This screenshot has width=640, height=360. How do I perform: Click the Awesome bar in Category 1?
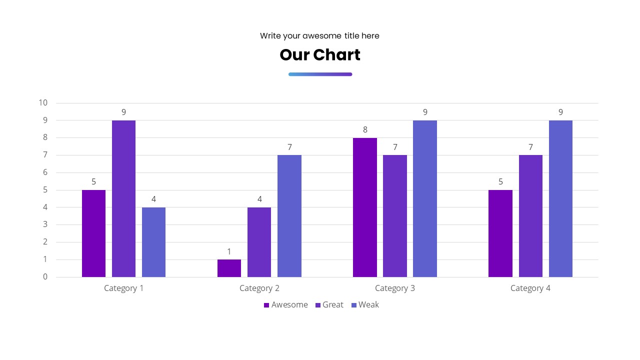[93, 233]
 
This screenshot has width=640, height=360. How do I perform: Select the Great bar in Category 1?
[123, 198]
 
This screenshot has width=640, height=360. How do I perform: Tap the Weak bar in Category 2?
[289, 215]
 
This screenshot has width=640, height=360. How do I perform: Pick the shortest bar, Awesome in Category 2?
[229, 268]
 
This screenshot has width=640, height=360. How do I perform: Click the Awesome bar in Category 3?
[365, 207]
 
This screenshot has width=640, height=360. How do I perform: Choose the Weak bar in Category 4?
[560, 198]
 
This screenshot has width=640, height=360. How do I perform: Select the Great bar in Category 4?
[530, 215]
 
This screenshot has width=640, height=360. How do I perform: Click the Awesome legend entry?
[286, 305]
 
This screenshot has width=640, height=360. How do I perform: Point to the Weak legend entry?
[365, 305]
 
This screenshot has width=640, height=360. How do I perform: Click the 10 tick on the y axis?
[43, 103]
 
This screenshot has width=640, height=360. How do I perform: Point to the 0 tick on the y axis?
[45, 277]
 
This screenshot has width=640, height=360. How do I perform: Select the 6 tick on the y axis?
[45, 172]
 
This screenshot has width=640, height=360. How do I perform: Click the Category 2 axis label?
[259, 288]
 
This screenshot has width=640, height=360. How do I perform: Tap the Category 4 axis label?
[530, 288]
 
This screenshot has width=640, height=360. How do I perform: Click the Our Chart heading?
[320, 55]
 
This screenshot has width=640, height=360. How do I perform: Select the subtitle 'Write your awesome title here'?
[319, 36]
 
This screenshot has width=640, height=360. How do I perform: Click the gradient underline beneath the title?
[320, 74]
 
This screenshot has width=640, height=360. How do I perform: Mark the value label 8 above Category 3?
[365, 129]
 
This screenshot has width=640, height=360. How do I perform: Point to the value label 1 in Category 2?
[229, 251]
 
